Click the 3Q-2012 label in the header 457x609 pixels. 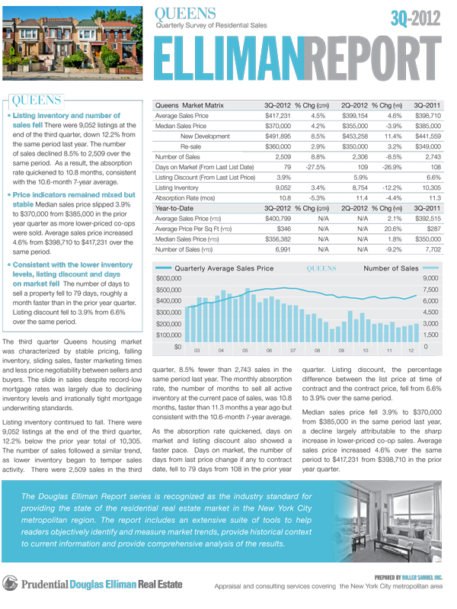(418, 18)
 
